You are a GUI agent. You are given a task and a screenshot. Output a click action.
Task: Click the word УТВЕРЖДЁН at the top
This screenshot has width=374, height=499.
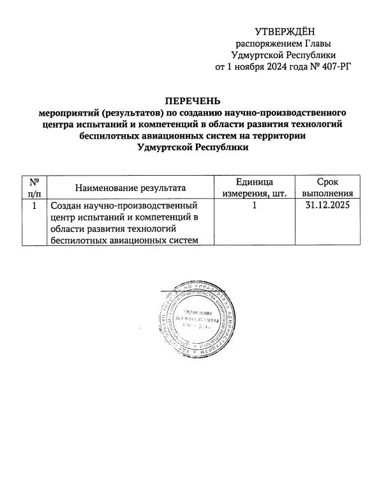click(x=285, y=31)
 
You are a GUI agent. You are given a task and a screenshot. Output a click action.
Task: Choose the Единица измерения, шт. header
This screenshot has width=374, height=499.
click(x=254, y=188)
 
